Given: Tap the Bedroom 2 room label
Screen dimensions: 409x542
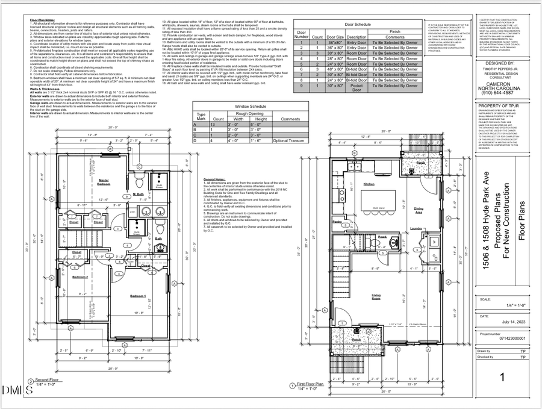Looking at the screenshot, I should (80, 277).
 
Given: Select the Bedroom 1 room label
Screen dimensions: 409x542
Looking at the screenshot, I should (138, 296).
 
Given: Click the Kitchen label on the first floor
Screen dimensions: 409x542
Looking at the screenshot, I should (369, 184).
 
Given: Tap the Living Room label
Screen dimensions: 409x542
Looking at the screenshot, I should (376, 297).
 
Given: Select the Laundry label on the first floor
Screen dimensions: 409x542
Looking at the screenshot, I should (416, 228).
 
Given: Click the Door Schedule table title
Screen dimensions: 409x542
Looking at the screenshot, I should (358, 24).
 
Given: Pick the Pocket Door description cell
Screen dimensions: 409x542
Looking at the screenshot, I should (357, 87).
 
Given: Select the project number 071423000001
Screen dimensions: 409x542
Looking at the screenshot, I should (499, 339).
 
